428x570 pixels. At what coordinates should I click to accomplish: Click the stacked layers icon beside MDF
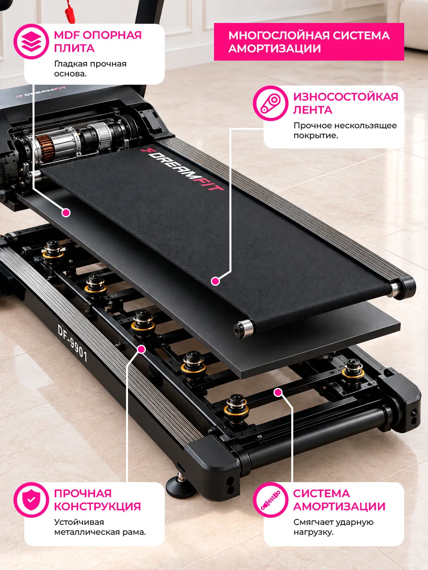(31, 42)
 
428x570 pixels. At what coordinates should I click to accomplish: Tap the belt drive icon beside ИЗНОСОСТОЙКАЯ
(271, 103)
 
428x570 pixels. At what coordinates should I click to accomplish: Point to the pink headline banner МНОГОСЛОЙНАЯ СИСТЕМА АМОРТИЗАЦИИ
(309, 42)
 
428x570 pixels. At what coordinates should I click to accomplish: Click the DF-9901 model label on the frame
(72, 343)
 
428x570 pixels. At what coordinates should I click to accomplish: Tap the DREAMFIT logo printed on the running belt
(182, 169)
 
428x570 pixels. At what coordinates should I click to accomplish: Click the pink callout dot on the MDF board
(66, 213)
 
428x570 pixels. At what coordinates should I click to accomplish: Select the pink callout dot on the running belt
(215, 281)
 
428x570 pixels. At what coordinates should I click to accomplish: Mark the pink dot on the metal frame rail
(141, 350)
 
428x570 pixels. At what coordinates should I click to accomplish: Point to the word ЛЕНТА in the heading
(313, 110)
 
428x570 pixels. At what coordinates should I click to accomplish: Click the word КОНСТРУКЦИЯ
(97, 506)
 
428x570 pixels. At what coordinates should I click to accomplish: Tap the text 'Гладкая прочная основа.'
(90, 69)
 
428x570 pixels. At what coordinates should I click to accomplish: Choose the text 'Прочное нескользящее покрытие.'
(345, 130)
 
